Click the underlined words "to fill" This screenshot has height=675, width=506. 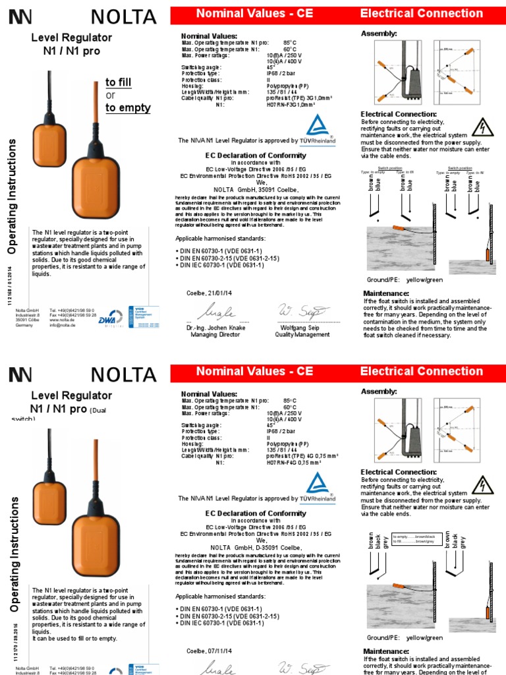tap(119, 82)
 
